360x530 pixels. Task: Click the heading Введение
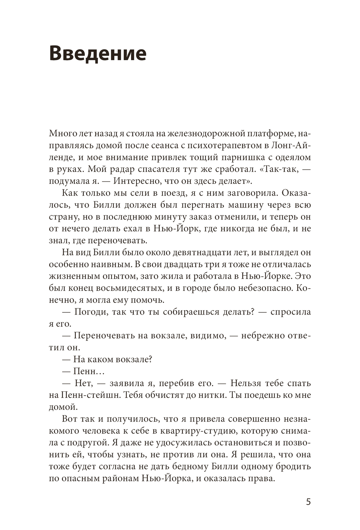[x=98, y=53]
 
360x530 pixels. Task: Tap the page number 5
[x=308, y=502]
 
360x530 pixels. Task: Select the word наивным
[x=112, y=264]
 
